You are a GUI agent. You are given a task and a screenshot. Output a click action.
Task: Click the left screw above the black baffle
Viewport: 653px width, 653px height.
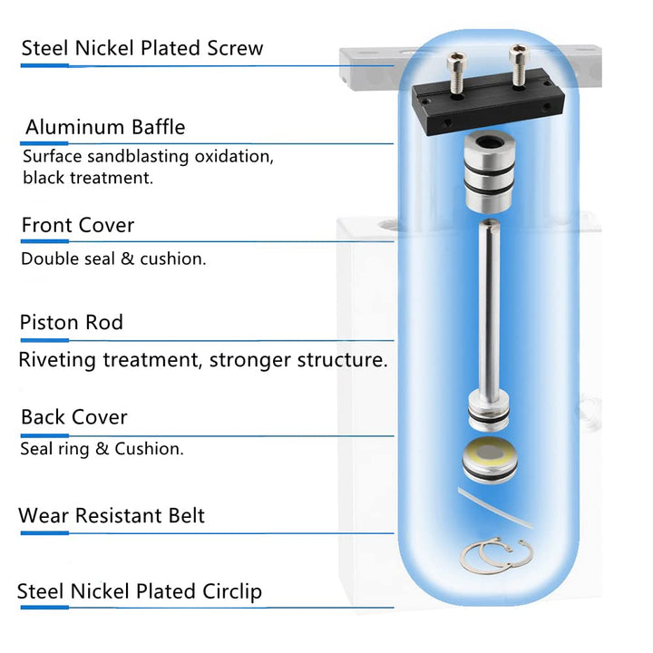tap(457, 73)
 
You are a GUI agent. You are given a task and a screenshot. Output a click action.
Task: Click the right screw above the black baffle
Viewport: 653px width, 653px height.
tap(519, 65)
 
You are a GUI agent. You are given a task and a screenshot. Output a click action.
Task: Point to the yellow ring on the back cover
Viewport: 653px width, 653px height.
tap(490, 453)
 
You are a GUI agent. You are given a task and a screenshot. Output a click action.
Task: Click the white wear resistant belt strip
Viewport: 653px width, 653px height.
tap(495, 508)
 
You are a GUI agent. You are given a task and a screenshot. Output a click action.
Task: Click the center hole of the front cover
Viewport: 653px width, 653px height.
tap(490, 143)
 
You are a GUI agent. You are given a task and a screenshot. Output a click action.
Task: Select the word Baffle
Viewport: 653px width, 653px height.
tap(158, 127)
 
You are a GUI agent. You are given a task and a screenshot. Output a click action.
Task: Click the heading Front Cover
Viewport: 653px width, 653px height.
tap(78, 225)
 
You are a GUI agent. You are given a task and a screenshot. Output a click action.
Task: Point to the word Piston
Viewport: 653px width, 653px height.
tap(49, 322)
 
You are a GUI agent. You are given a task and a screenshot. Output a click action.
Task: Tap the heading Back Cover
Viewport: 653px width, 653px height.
tap(74, 417)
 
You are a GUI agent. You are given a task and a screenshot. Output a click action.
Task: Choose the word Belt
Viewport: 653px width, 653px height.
tap(186, 515)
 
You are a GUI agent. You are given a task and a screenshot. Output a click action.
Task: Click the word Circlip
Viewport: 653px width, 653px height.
tap(232, 591)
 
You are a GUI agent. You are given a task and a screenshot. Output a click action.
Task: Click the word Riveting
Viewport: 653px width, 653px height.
tap(57, 360)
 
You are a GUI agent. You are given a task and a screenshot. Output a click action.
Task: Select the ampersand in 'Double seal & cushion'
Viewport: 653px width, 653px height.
tap(128, 259)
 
